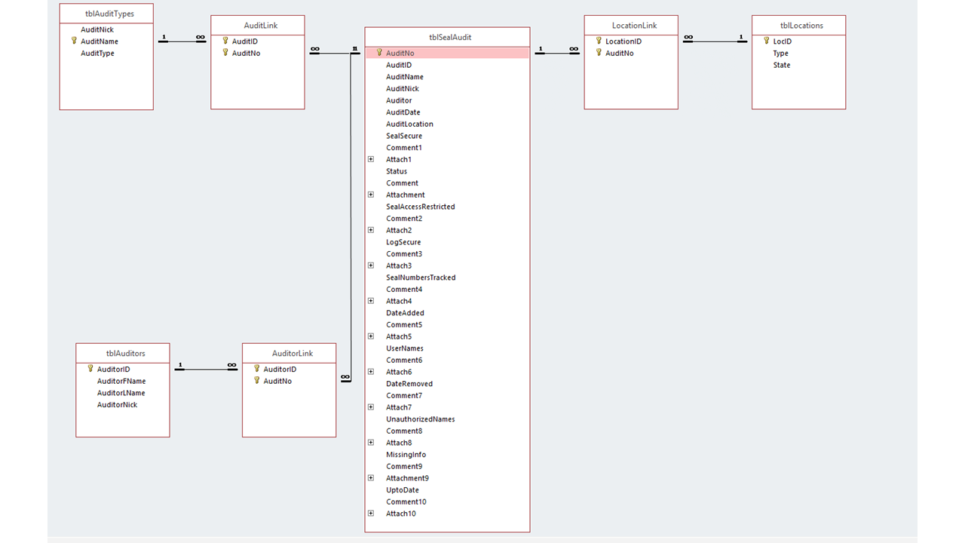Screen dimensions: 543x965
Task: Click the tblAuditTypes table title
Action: pos(106,14)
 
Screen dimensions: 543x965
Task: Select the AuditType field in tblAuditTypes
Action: pos(97,54)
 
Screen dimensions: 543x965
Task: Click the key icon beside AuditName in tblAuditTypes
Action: pos(74,41)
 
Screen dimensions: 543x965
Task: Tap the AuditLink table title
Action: pos(258,26)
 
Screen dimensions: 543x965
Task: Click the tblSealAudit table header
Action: pos(447,37)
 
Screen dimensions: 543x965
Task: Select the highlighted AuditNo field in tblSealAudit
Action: pos(400,54)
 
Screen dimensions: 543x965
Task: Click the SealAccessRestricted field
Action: pos(420,207)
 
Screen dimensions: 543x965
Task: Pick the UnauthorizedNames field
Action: pos(420,419)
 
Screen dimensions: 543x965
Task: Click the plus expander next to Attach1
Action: pos(371,160)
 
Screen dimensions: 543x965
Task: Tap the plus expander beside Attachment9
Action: pos(371,478)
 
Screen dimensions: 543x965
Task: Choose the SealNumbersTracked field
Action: pos(421,278)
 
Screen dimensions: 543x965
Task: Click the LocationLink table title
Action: pos(631,26)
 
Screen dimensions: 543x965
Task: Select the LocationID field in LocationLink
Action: pos(623,41)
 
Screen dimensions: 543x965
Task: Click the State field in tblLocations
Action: pos(781,66)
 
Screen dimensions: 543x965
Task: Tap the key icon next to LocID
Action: pos(766,41)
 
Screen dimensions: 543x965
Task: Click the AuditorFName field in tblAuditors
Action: pos(121,382)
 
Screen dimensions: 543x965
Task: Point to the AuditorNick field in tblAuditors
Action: pos(117,405)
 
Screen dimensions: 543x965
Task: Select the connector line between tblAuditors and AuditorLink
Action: pos(206,370)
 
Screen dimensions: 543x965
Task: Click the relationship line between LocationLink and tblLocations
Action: pos(715,41)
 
